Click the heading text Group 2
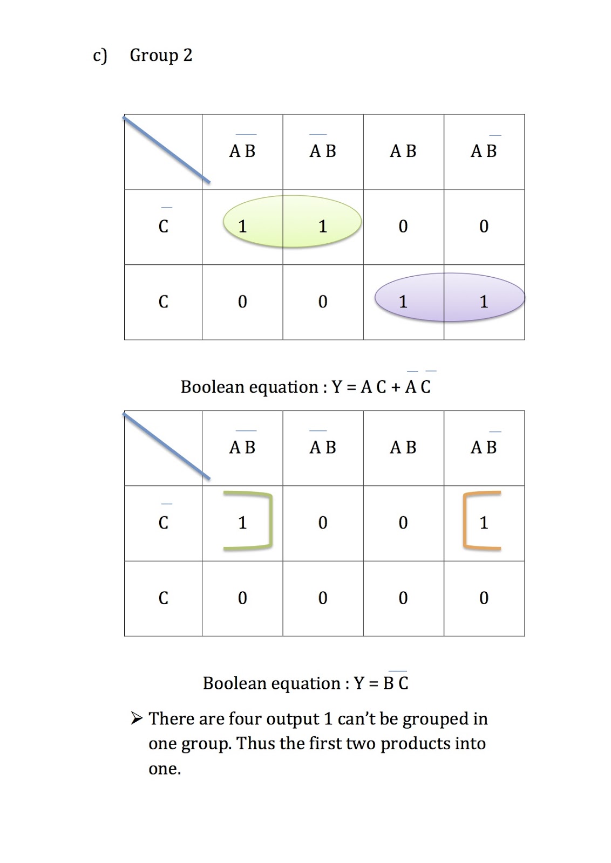coord(161,56)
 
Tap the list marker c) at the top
coord(100,56)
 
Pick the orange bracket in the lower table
coord(465,520)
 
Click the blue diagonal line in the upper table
coord(167,149)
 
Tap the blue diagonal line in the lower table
coord(167,446)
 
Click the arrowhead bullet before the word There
coord(137,718)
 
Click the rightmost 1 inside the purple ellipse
coord(484,302)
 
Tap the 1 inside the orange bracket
coord(484,522)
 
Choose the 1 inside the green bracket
coord(242,522)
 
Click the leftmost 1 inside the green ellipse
coord(242,226)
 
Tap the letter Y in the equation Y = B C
coord(359,683)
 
